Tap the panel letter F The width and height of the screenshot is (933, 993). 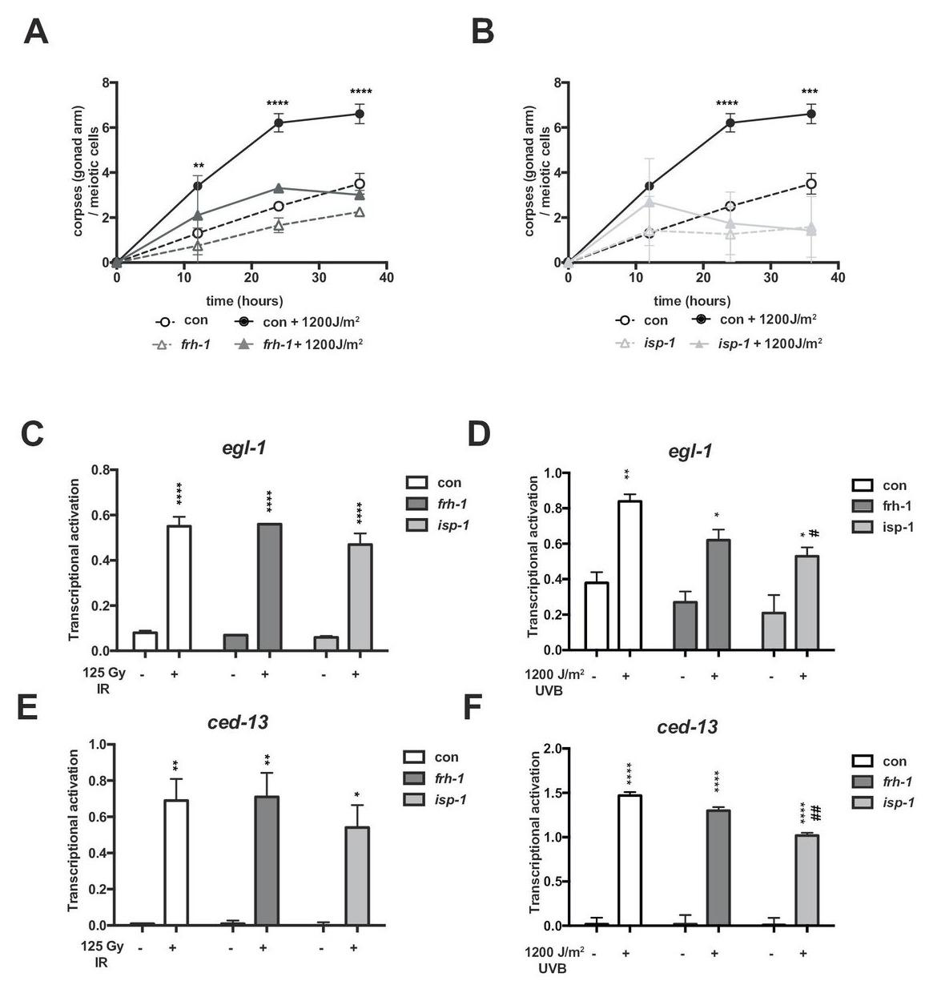475,708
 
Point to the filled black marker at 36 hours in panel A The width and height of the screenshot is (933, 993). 360,114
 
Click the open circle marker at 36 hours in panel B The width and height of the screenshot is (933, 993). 811,184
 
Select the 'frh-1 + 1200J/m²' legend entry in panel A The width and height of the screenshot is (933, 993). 304,344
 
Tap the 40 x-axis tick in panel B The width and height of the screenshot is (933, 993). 838,278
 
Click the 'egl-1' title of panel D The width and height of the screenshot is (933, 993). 690,451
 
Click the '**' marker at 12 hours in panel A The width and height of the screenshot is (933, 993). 198,167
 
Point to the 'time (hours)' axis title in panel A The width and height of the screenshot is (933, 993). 243,301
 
